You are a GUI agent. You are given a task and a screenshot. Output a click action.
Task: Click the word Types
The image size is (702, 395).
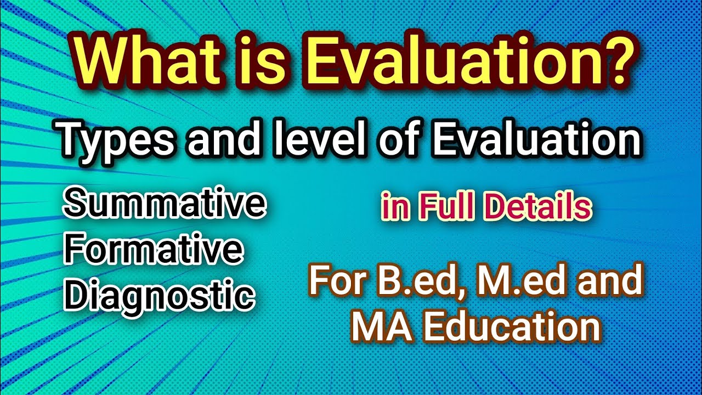[x=121, y=139]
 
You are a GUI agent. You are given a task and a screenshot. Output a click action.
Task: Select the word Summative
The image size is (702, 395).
[x=165, y=205]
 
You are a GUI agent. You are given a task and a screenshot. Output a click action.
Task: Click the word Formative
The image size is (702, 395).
[x=154, y=250]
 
